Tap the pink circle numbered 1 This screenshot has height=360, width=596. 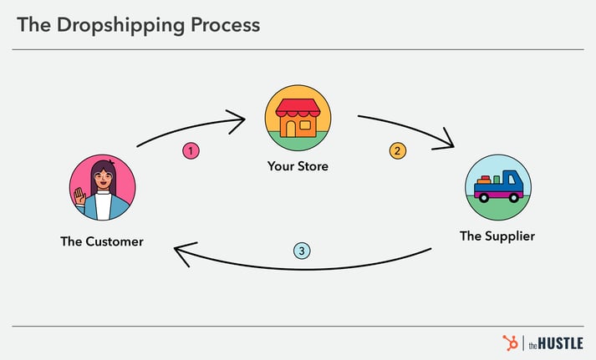pyautogui.click(x=191, y=151)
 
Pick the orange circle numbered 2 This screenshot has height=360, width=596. pyautogui.click(x=397, y=151)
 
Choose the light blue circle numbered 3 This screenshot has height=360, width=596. pyautogui.click(x=302, y=250)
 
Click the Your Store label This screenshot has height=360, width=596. pyautogui.click(x=298, y=166)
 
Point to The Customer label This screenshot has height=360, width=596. pyautogui.click(x=102, y=241)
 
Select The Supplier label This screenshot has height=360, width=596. pyautogui.click(x=497, y=236)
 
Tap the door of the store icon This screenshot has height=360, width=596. pyautogui.click(x=289, y=127)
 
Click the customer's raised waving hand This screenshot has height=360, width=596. pyautogui.click(x=80, y=196)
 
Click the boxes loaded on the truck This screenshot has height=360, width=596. pyautogui.click(x=486, y=179)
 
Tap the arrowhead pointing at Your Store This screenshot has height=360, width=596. pyautogui.click(x=239, y=119)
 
